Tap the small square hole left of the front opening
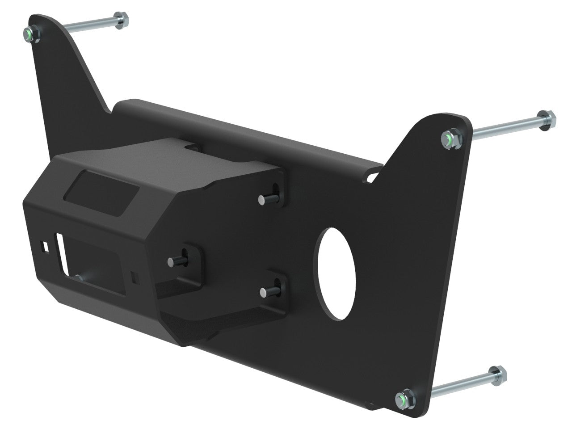pos(46,246)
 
